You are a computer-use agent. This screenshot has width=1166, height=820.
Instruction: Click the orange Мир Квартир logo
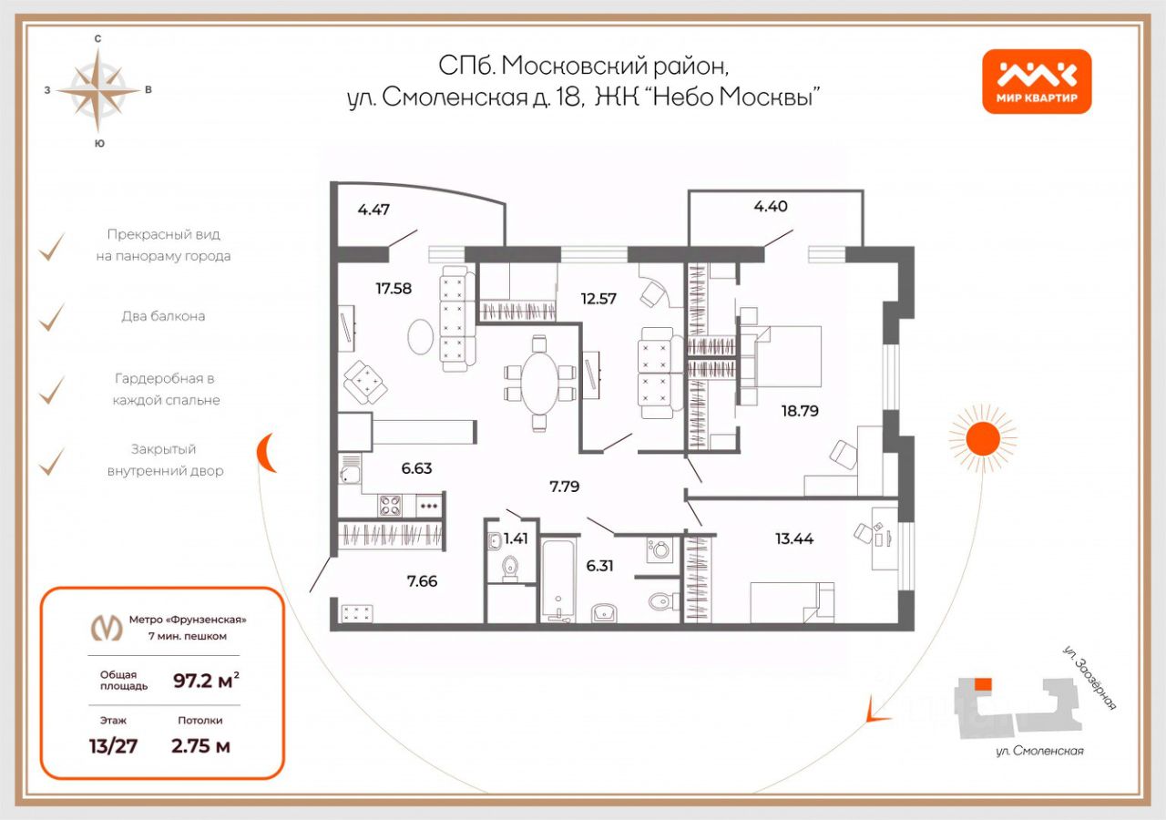(x=1037, y=81)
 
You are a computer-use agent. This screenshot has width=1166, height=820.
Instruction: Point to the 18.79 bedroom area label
(x=800, y=411)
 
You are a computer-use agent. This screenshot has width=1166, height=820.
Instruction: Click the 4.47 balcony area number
(x=373, y=210)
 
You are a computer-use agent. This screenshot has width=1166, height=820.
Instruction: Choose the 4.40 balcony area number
(x=771, y=206)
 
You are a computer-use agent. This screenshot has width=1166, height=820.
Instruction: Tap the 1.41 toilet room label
(x=516, y=538)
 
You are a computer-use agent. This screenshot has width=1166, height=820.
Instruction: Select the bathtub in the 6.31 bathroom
(x=555, y=579)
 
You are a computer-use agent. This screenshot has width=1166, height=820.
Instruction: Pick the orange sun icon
(x=982, y=439)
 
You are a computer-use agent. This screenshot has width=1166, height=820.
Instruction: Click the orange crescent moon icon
(x=265, y=453)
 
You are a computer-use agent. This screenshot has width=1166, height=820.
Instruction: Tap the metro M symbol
(x=108, y=627)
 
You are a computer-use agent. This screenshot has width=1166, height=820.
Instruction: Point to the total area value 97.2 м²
(x=207, y=680)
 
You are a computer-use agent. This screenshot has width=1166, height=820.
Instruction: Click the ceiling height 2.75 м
(x=200, y=746)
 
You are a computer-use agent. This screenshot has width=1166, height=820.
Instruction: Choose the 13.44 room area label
(x=794, y=538)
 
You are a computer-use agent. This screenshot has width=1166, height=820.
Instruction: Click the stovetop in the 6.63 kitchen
(x=391, y=505)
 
